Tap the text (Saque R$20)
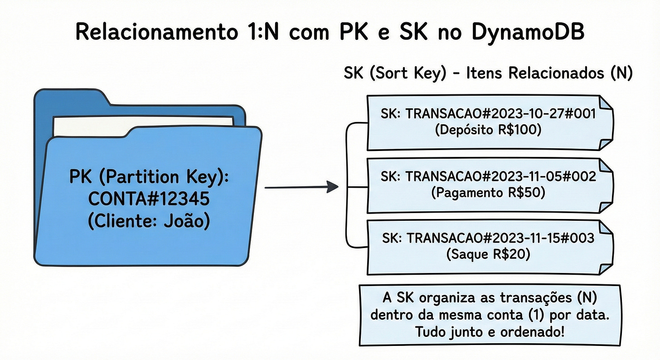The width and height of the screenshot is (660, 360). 488,255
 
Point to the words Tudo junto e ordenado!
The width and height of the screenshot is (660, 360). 490,332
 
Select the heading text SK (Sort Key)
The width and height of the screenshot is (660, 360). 393,73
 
